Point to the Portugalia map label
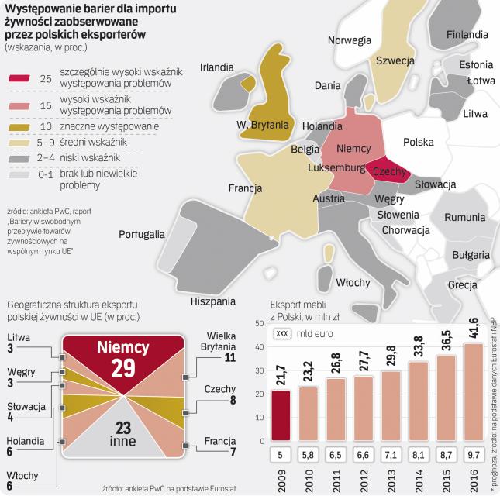click(141, 233)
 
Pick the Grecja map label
click(462, 284)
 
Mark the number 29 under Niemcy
click(122, 367)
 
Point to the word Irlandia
click(217, 67)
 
